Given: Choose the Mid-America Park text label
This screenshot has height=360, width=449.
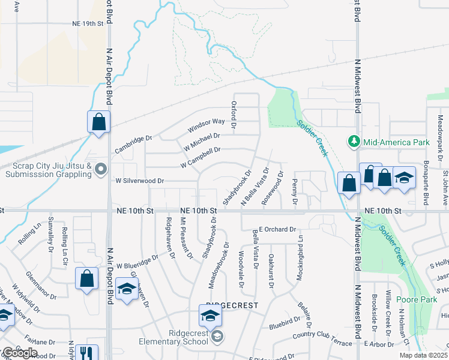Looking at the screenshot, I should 397,142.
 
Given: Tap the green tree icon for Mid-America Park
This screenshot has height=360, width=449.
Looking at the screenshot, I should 354,142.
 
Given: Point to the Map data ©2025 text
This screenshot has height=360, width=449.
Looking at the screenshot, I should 423,355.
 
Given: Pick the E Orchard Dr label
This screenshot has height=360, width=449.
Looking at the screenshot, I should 278,229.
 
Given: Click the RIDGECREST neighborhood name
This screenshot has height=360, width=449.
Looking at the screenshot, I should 232,306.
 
